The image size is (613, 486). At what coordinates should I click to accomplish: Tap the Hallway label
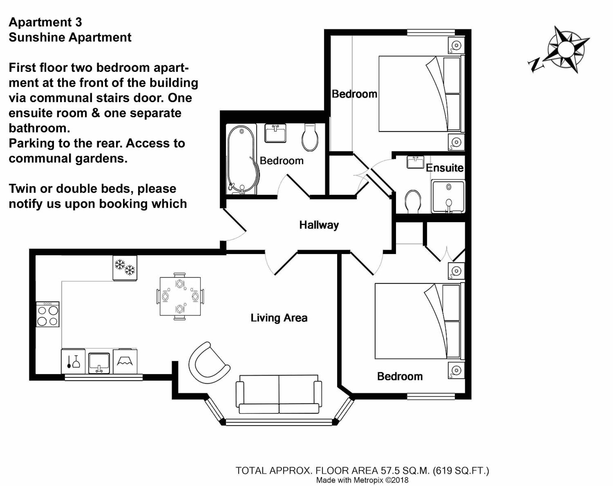point(319,225)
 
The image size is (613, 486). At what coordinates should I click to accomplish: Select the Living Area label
point(279,318)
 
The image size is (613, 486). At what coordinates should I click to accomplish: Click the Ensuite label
point(444,168)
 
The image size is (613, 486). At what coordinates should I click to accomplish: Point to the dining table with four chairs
point(180,296)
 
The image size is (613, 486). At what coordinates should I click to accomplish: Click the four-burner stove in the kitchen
point(48,314)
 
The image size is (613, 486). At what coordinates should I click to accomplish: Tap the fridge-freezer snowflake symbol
point(125,268)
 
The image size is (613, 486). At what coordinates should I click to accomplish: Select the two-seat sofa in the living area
point(279,394)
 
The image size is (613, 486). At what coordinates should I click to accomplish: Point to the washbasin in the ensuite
point(415,162)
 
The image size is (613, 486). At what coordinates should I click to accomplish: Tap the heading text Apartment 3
point(45,22)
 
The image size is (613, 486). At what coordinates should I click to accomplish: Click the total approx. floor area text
point(362,471)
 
